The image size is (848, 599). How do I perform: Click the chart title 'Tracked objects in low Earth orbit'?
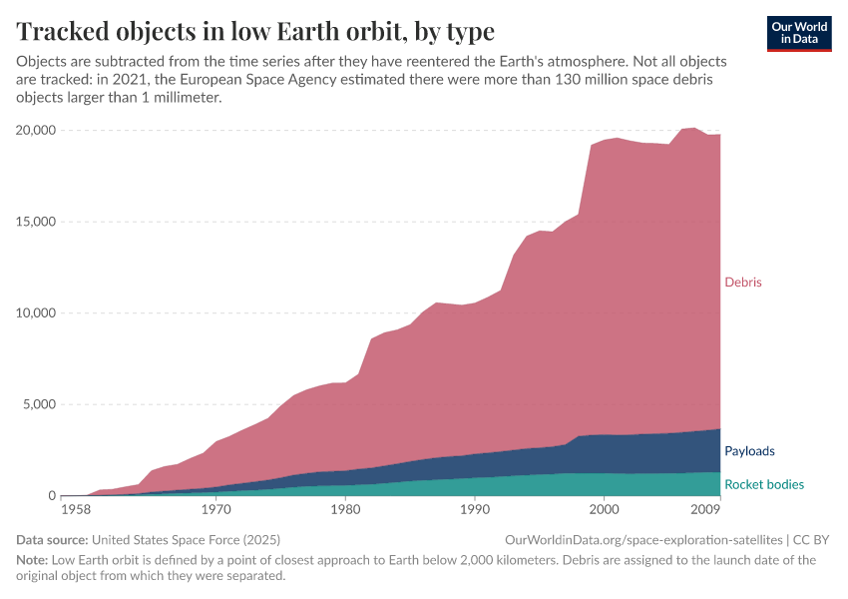click(255, 31)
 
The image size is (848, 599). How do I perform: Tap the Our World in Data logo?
click(799, 33)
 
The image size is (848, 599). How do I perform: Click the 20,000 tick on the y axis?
click(36, 131)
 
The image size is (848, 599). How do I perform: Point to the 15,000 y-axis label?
click(36, 222)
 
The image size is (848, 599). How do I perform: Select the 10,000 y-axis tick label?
click(36, 313)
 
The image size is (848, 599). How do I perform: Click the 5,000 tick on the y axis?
click(40, 404)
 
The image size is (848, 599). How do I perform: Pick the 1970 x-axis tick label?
click(215, 509)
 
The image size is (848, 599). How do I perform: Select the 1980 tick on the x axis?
click(345, 509)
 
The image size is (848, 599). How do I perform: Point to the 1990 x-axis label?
click(474, 509)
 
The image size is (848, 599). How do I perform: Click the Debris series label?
click(742, 283)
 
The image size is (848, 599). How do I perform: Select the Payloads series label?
click(749, 451)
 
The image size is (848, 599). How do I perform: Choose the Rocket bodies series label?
click(763, 485)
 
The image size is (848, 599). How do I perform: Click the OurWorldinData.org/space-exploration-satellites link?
click(648, 540)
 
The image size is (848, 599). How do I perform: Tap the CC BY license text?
click(812, 540)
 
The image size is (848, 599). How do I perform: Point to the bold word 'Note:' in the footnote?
click(32, 560)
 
